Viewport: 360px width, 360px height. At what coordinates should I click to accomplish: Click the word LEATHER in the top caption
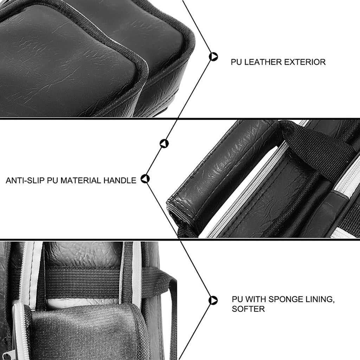(263, 62)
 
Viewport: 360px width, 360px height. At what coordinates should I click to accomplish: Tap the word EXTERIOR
(305, 62)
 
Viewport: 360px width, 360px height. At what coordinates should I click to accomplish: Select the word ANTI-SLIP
(25, 180)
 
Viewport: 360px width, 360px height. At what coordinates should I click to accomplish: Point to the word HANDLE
(120, 180)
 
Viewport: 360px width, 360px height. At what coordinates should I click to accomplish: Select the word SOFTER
(248, 309)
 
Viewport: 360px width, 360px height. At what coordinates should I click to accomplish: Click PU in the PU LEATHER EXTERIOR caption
(236, 62)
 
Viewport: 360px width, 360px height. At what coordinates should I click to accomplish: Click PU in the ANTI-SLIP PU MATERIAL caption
(53, 180)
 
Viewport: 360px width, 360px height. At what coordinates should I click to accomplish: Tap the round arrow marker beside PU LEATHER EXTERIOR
(213, 57)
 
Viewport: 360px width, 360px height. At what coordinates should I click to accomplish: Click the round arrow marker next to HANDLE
(145, 179)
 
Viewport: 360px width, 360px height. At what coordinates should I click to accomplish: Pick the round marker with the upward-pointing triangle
(164, 143)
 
